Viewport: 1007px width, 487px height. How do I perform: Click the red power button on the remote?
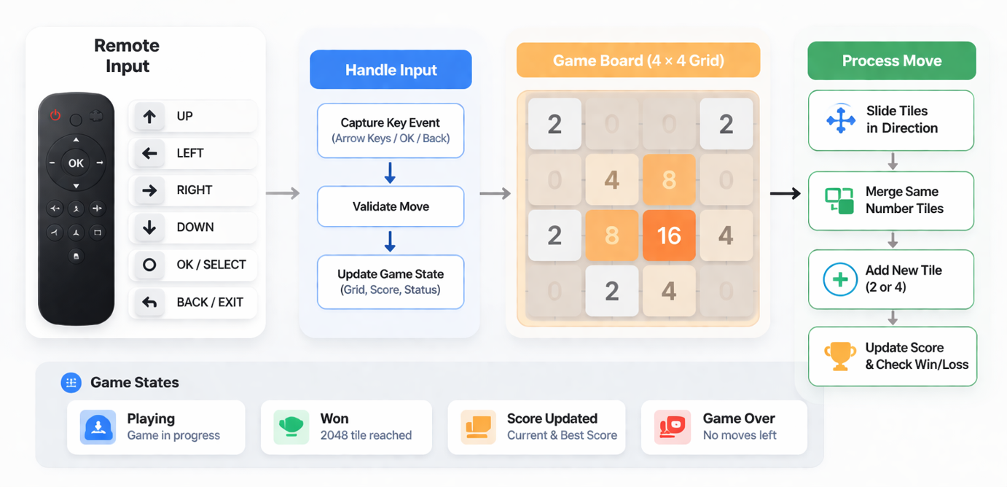click(55, 115)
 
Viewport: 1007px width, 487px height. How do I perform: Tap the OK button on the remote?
click(76, 163)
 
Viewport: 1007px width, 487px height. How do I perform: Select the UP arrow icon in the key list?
click(149, 117)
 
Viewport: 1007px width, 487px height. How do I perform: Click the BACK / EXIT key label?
click(210, 302)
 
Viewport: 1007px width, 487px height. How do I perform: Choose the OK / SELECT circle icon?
click(149, 265)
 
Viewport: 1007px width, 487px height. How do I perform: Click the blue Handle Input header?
click(391, 70)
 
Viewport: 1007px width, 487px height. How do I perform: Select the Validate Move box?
click(391, 206)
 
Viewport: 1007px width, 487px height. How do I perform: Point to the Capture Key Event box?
click(391, 130)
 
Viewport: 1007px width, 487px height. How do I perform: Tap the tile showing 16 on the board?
click(669, 235)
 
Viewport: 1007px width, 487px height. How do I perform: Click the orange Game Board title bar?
click(638, 61)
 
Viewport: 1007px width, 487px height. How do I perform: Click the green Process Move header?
click(891, 61)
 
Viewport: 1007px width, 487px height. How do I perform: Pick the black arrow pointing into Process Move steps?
click(785, 193)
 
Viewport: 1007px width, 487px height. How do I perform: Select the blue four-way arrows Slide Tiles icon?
click(841, 120)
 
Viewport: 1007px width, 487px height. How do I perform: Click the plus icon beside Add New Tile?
click(840, 279)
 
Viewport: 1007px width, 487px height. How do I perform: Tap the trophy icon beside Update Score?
click(840, 357)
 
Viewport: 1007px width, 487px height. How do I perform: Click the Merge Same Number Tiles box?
click(891, 200)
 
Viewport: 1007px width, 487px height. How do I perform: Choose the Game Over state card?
click(724, 427)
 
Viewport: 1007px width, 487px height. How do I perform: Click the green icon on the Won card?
click(291, 427)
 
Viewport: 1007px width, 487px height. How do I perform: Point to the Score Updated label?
click(552, 418)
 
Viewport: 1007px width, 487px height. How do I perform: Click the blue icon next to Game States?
click(71, 383)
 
